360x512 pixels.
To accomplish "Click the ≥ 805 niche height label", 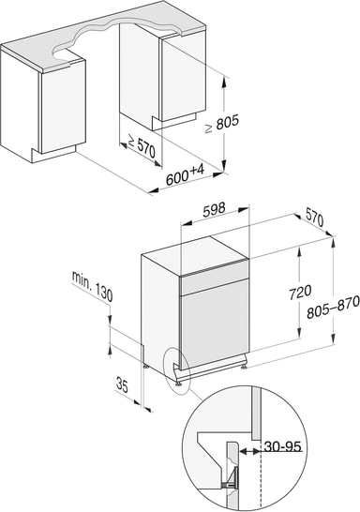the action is [222, 123].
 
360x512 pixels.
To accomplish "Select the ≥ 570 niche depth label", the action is [141, 146].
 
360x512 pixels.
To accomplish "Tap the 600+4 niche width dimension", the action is [185, 174].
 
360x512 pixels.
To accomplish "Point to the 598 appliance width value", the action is [214, 210].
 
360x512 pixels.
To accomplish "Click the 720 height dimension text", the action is [300, 292].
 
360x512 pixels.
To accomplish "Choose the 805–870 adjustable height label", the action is [333, 307].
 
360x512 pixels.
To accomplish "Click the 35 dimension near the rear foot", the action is [122, 384].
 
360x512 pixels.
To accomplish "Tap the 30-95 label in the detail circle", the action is [282, 446].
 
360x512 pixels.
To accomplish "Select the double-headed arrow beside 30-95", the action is [250, 451].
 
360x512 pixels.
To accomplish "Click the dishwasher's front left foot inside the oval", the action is [178, 381].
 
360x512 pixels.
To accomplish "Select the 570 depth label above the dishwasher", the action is [314, 219].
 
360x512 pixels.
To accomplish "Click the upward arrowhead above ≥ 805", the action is [224, 83].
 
